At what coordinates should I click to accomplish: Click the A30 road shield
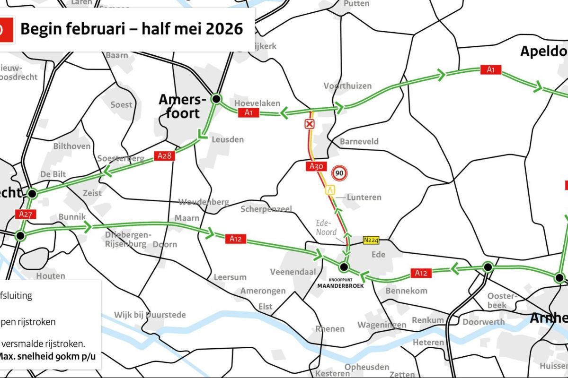point(316,166)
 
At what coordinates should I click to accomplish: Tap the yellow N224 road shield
point(371,240)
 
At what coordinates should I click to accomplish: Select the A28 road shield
point(164,156)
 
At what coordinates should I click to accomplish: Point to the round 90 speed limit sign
point(339,173)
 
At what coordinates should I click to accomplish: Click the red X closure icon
point(309,124)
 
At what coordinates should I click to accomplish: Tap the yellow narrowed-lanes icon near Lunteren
point(330,190)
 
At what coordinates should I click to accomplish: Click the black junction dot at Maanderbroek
point(344,267)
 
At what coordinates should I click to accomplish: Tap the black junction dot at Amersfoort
point(216,99)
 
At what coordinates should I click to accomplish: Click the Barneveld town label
point(359,141)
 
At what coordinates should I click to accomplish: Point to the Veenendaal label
point(293,272)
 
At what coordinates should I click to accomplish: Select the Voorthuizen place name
point(348,86)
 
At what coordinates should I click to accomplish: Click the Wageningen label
point(382,325)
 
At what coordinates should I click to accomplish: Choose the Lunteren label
point(364,197)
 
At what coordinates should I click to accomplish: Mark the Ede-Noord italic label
point(327,228)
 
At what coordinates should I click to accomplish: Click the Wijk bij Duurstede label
point(150,315)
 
